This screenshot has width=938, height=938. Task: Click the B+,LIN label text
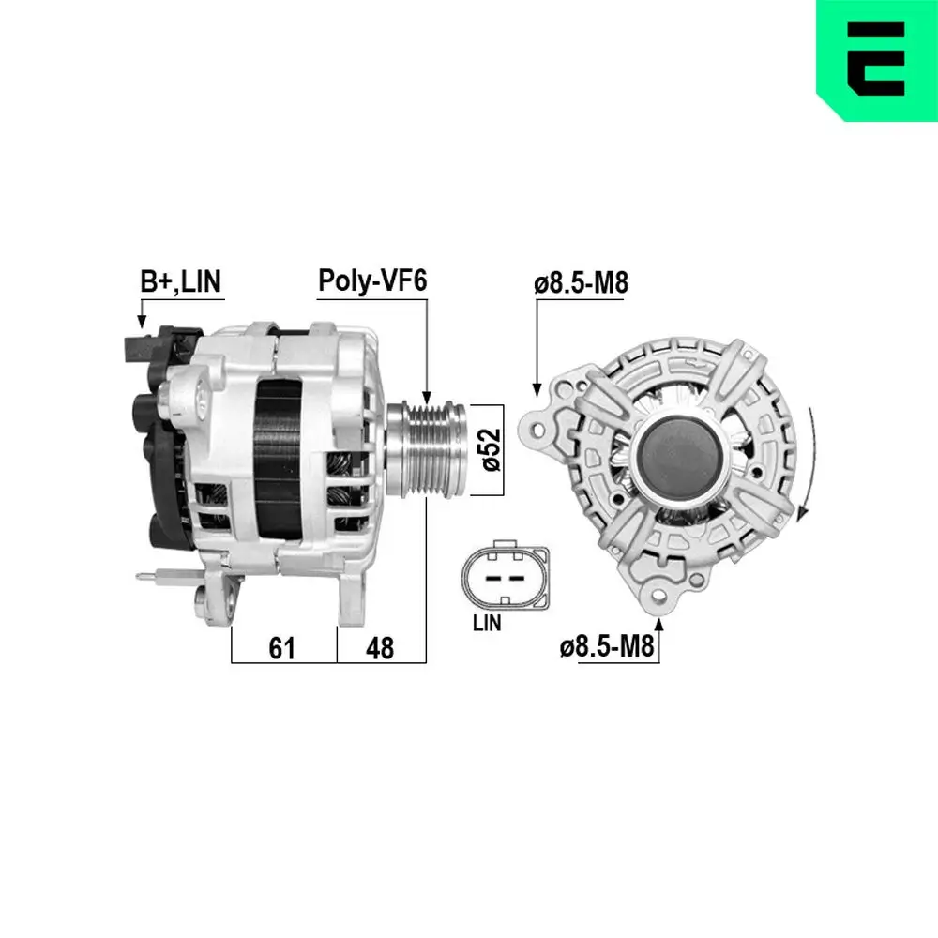click(x=182, y=281)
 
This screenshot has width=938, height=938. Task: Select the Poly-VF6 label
click(x=371, y=280)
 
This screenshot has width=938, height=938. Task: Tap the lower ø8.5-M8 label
click(x=607, y=646)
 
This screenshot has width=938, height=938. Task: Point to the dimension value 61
click(x=282, y=646)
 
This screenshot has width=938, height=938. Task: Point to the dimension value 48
click(x=380, y=646)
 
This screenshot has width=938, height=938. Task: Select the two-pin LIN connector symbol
click(x=498, y=576)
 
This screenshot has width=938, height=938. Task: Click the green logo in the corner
click(x=876, y=59)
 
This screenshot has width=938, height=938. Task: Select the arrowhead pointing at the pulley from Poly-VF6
click(x=427, y=398)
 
